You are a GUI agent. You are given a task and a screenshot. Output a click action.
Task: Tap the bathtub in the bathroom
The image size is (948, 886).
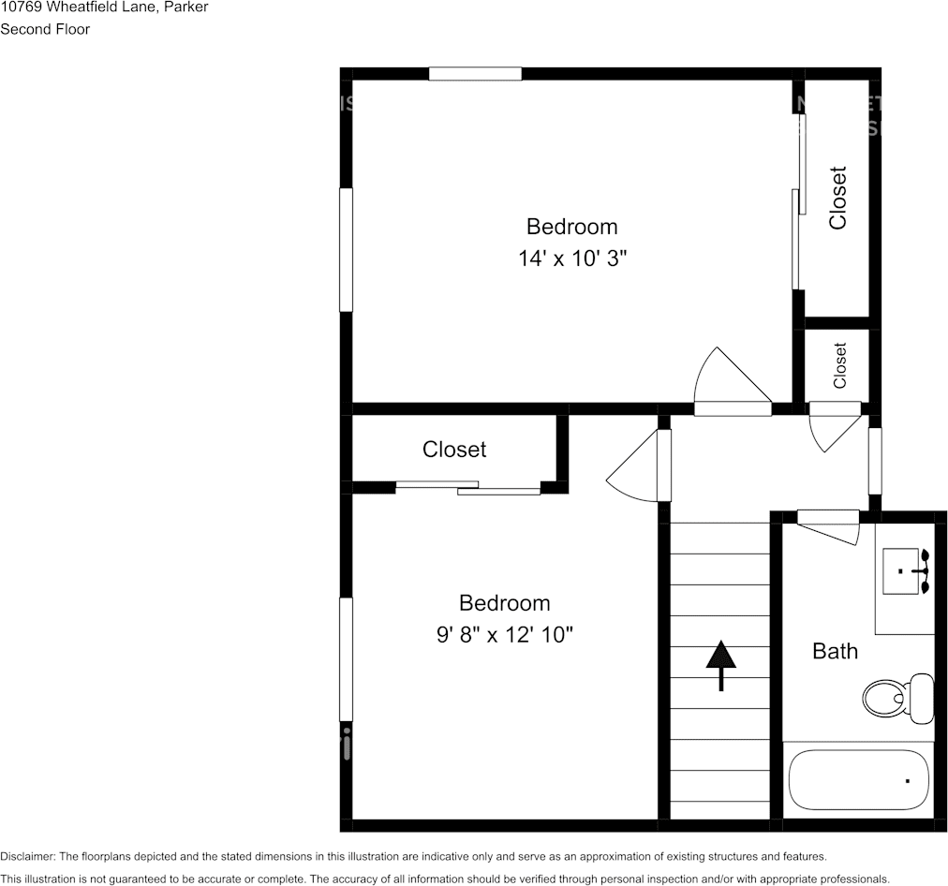click(857, 780)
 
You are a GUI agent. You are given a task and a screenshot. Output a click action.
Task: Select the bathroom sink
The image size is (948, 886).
click(907, 571)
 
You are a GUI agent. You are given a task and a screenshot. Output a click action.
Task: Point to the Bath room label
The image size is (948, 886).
click(834, 651)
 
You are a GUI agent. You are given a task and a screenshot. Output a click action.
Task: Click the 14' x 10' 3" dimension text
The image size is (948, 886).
click(571, 258)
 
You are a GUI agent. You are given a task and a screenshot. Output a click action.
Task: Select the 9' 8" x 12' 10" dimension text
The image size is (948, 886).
click(504, 635)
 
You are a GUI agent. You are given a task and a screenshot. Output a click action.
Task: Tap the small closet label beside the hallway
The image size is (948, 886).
click(839, 365)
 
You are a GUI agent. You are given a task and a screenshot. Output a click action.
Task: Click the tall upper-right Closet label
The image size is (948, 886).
click(837, 198)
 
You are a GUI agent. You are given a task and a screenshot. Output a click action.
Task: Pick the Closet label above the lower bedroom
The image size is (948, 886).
click(454, 450)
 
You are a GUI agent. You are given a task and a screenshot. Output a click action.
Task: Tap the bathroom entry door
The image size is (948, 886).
click(828, 524)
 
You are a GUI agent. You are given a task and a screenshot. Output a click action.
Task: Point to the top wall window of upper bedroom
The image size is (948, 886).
click(475, 74)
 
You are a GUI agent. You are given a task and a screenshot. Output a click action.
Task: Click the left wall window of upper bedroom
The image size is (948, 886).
click(346, 249)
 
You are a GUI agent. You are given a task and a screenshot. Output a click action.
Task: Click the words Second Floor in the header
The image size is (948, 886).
click(45, 29)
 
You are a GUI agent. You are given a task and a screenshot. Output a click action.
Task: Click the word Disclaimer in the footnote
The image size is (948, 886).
click(27, 856)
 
